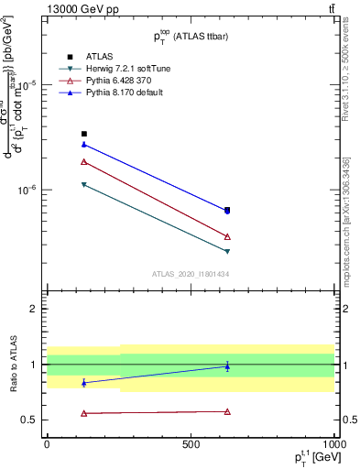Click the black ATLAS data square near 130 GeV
pyautogui.click(x=84, y=134)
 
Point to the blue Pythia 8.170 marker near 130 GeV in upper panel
pyautogui.click(x=84, y=144)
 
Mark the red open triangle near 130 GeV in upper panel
pyautogui.click(x=84, y=161)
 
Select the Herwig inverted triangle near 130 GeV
pyautogui.click(x=84, y=185)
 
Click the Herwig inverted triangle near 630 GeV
pyautogui.click(x=227, y=251)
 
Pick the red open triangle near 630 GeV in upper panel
pyautogui.click(x=227, y=236)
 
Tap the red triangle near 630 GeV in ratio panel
pyautogui.click(x=227, y=411)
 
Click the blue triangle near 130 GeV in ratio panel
pyautogui.click(x=84, y=383)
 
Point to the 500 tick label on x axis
pyautogui.click(x=191, y=443)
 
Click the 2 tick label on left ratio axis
pyautogui.click(x=34, y=309)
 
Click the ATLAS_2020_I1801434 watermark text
pyautogui.click(x=190, y=274)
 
